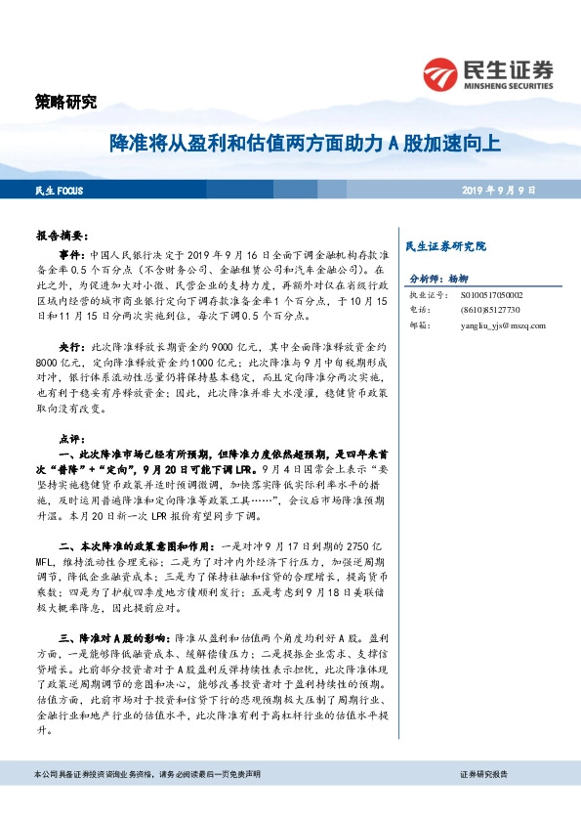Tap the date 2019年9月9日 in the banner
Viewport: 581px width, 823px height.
[499, 189]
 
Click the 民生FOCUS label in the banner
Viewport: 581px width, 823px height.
[60, 189]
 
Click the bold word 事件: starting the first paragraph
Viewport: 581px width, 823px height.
[72, 252]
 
